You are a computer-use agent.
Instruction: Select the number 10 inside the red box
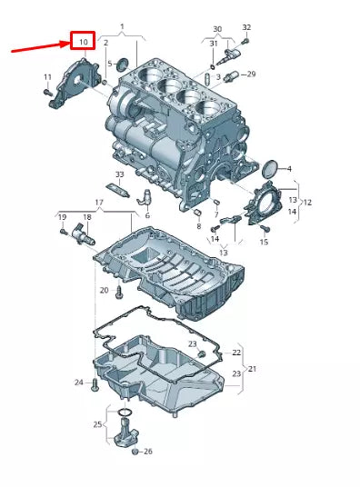pyautogui.click(x=83, y=42)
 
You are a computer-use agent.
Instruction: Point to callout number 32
pyautogui.click(x=246, y=28)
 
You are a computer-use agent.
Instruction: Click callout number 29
pyautogui.click(x=252, y=74)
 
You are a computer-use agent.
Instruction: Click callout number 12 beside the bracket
pyautogui.click(x=307, y=201)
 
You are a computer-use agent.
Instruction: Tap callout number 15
pyautogui.click(x=265, y=242)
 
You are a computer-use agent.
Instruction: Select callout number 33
pyautogui.click(x=119, y=174)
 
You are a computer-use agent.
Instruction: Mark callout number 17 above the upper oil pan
pyautogui.click(x=99, y=202)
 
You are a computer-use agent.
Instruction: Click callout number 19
pyautogui.click(x=63, y=217)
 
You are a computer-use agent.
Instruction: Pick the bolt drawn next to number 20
pyautogui.click(x=119, y=293)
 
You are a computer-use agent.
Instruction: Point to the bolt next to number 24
pyautogui.click(x=94, y=384)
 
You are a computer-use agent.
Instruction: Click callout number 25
pyautogui.click(x=98, y=424)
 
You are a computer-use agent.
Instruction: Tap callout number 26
pyautogui.click(x=147, y=452)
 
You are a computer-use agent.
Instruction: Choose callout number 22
pyautogui.click(x=236, y=352)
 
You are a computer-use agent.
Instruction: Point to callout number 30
pyautogui.click(x=216, y=28)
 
